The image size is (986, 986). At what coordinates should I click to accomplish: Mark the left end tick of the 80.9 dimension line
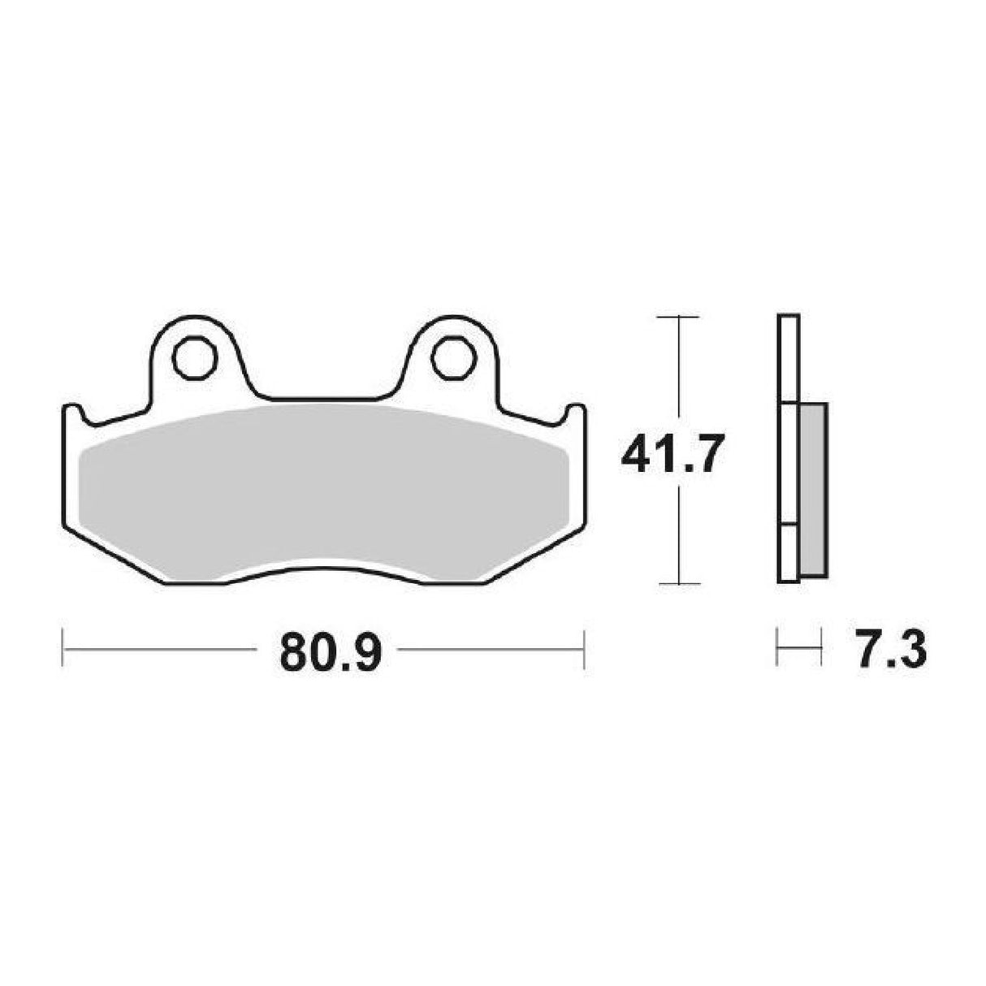(x=63, y=649)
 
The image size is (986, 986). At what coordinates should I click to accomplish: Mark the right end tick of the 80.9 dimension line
(x=584, y=649)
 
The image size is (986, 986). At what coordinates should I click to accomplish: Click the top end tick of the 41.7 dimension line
(x=677, y=316)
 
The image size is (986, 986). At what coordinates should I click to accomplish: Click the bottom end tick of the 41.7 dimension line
(x=677, y=583)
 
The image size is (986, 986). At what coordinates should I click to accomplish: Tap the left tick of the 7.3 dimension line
(x=777, y=647)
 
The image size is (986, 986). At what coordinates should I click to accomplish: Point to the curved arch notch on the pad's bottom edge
(x=325, y=569)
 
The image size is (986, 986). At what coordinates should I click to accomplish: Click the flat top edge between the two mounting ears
(x=325, y=400)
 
